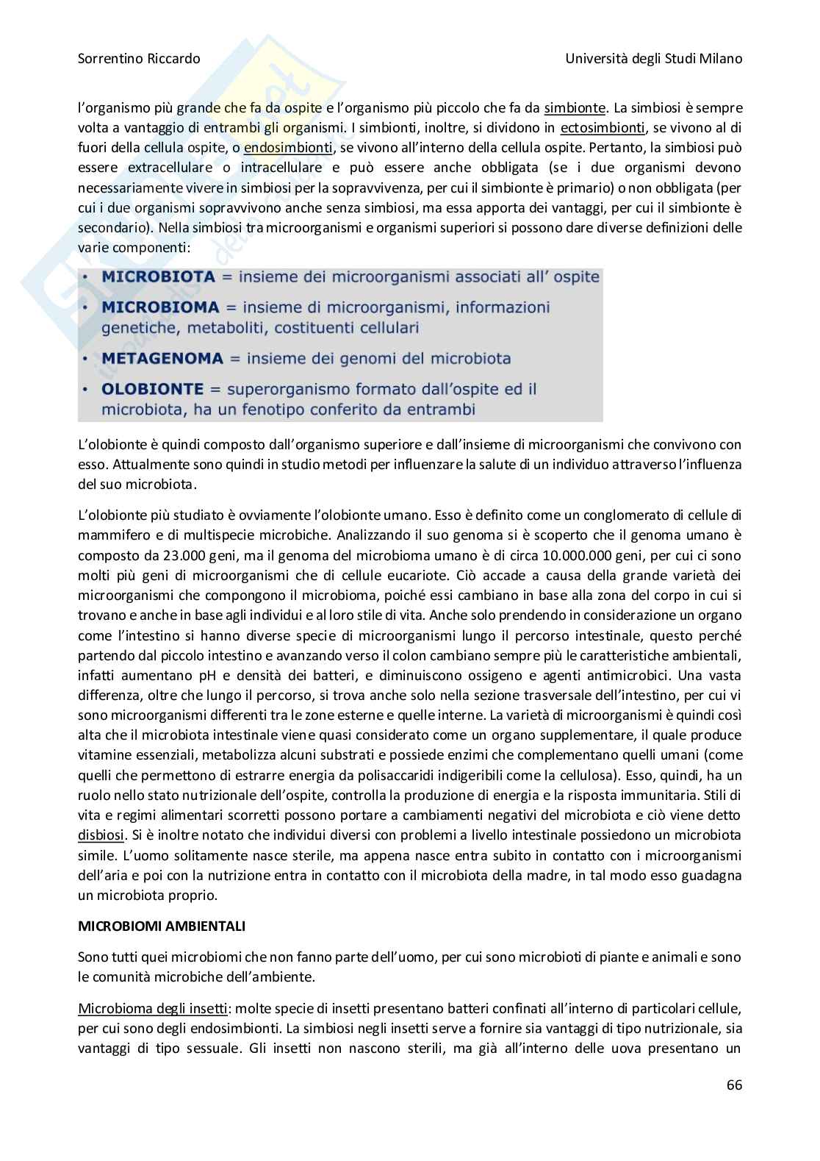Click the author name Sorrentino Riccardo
click(139, 58)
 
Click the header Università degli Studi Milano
click(654, 58)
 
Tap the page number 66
click(734, 1085)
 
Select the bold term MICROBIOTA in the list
click(159, 277)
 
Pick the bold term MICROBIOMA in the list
click(160, 306)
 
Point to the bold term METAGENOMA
click(162, 359)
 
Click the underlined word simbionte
click(573, 109)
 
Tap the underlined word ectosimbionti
click(601, 129)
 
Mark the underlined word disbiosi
click(101, 835)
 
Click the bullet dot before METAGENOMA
click(86, 359)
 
